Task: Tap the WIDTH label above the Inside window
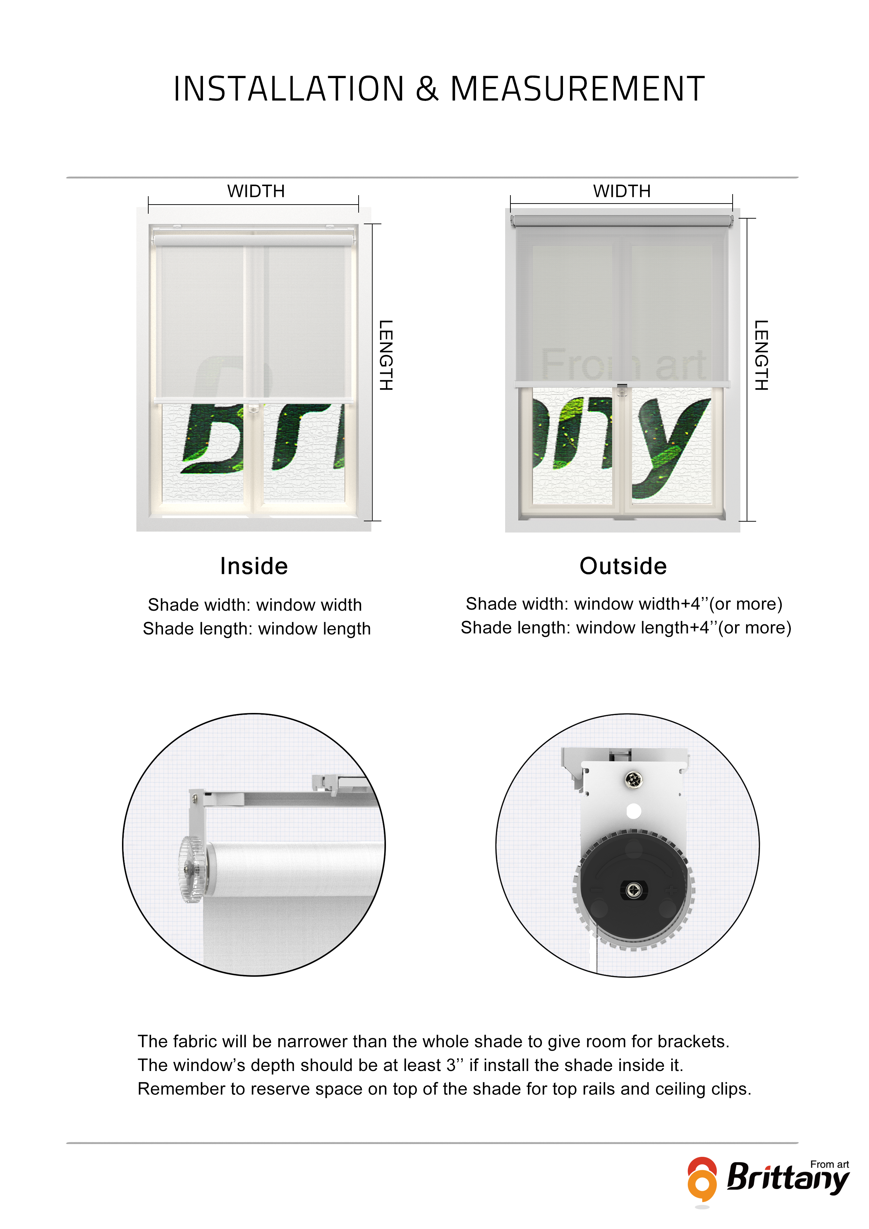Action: coord(256,191)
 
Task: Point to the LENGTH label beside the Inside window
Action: coord(386,355)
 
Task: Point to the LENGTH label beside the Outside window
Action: coord(761,355)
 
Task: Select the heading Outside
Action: coord(623,566)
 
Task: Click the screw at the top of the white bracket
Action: coord(634,780)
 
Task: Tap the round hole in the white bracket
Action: coord(634,811)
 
